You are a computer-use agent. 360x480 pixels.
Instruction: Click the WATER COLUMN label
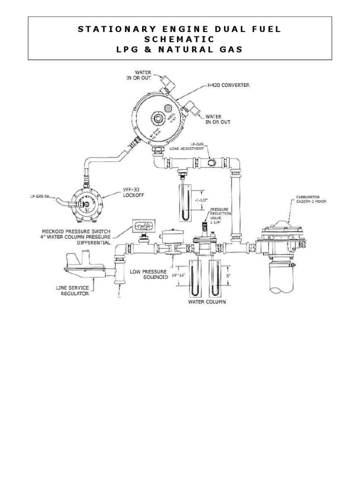coord(207,302)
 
